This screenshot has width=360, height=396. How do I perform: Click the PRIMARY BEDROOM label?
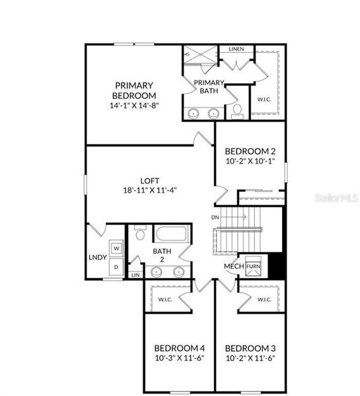[x=134, y=90]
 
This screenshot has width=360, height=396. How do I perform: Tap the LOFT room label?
[x=149, y=180]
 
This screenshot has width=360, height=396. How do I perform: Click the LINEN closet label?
[x=236, y=49]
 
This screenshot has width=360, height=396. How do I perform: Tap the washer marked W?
[x=116, y=248]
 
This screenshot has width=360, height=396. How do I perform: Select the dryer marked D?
[x=116, y=266]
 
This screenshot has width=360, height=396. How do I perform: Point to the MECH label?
[x=233, y=266]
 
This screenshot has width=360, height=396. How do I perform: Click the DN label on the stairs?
[x=215, y=217]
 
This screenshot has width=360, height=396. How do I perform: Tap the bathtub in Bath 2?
[x=172, y=234]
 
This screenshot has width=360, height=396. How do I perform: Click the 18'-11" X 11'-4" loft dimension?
[x=149, y=189]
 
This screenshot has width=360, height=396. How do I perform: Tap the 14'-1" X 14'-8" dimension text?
[x=134, y=104]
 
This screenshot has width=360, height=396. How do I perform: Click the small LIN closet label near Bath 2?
[x=135, y=275]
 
